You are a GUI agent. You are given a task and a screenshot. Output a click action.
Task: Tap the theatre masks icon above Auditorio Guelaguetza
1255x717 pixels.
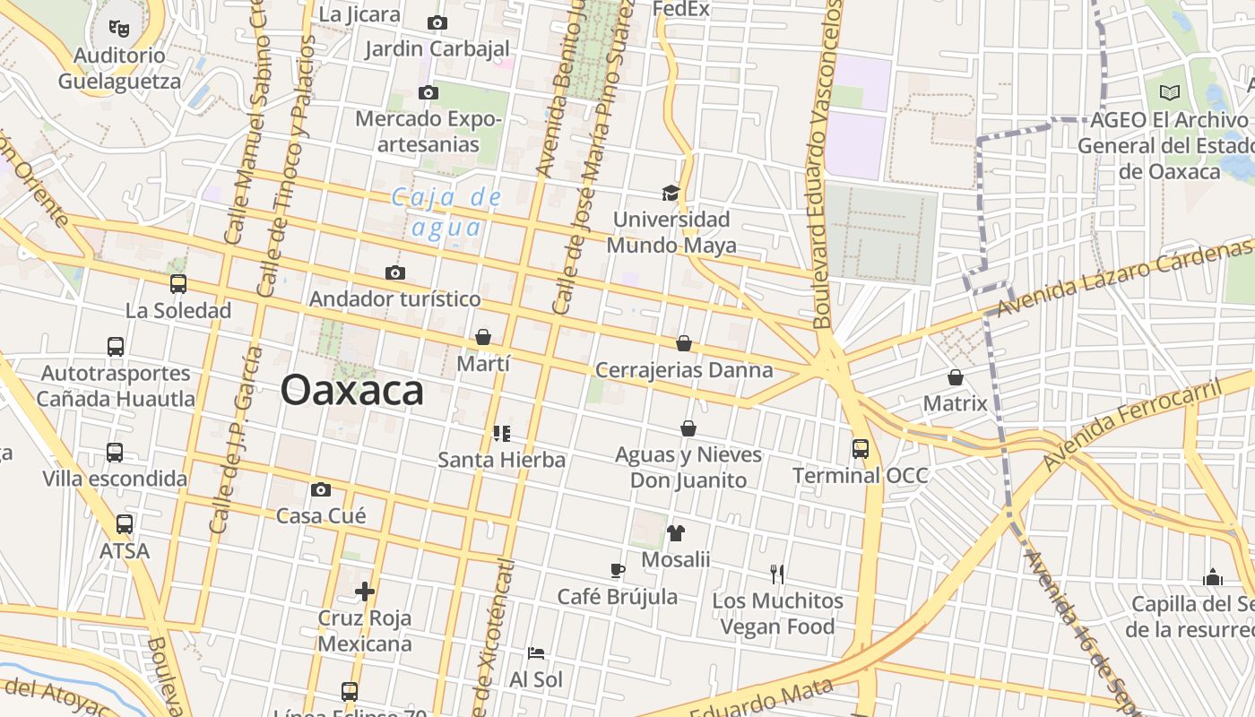click(119, 29)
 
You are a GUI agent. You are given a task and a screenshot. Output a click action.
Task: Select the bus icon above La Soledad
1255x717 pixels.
click(178, 284)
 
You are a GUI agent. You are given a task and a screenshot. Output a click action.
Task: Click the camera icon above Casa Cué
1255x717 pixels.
click(321, 489)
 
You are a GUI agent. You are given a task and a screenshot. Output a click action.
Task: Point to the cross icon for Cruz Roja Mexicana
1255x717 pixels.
click(365, 592)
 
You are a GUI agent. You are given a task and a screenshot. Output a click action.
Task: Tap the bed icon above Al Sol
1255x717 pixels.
click(536, 653)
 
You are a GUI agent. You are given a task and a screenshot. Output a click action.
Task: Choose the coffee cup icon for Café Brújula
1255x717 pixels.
click(617, 570)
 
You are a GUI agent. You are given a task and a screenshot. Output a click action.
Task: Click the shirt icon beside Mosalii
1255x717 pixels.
click(676, 533)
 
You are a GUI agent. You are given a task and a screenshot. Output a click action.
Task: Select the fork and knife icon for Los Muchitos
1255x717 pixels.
click(777, 574)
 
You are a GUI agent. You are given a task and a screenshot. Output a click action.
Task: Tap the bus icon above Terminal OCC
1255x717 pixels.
click(861, 448)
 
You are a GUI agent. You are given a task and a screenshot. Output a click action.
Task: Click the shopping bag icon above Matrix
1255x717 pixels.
click(956, 377)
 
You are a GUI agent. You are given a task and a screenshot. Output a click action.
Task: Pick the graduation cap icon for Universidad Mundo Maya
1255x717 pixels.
click(671, 193)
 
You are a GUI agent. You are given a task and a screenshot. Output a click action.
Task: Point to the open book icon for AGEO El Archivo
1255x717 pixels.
click(1170, 92)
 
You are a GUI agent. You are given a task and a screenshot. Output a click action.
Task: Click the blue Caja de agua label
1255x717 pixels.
click(446, 212)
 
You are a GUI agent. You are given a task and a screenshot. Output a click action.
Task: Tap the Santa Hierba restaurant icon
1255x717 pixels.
click(502, 434)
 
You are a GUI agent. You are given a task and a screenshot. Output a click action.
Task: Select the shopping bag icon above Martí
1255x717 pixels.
click(483, 337)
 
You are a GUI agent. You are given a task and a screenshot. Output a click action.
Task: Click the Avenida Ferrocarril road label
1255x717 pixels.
click(1131, 426)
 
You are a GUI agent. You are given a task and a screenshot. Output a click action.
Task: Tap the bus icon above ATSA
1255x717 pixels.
click(125, 524)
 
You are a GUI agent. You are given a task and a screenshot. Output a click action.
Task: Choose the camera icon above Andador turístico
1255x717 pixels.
click(394, 272)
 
